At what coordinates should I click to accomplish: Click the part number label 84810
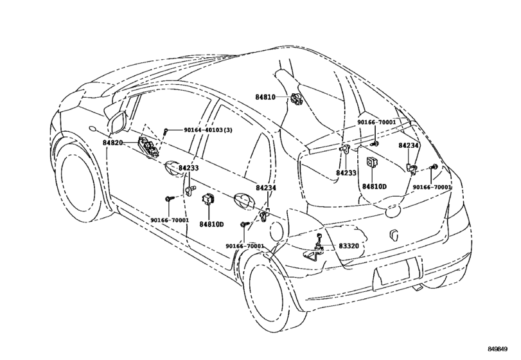[x=265, y=97]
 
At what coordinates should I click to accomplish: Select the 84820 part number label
[x=112, y=143]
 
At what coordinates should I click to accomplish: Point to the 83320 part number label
[x=349, y=246]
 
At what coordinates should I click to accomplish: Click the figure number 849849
[x=497, y=349]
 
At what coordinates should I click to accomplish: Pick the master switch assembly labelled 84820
[x=148, y=147]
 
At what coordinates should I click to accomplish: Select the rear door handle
[x=243, y=200]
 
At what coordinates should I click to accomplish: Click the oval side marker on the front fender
[x=93, y=130]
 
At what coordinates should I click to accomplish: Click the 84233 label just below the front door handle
[x=188, y=168]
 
